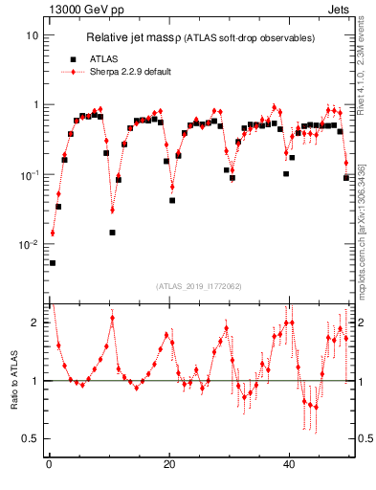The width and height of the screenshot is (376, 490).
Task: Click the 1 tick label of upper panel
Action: pos(35,105)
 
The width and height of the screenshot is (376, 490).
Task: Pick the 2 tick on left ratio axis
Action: pos(35,323)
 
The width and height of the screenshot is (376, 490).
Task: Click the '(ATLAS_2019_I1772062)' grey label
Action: pos(199,285)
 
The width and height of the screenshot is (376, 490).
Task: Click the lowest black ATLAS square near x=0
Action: pos(53,262)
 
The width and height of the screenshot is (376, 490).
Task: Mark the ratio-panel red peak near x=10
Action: pos(112,318)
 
